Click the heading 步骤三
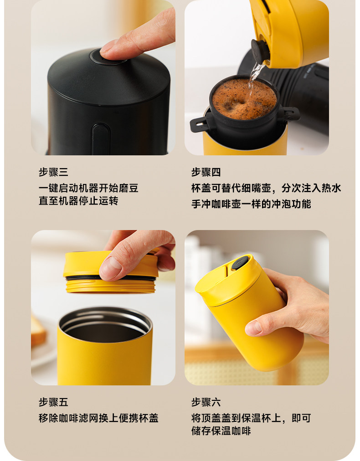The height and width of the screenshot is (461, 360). (x=53, y=172)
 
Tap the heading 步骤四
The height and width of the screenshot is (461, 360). (x=206, y=172)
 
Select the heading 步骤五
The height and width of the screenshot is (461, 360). (x=53, y=402)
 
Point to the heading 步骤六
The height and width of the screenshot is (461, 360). (x=206, y=402)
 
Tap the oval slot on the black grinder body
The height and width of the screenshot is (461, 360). (x=101, y=139)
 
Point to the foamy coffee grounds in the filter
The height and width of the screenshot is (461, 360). (x=244, y=99)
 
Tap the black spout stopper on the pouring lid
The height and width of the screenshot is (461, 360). (x=260, y=51)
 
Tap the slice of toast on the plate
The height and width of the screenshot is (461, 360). (x=38, y=330)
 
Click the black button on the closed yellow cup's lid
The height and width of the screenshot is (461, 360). (x=240, y=262)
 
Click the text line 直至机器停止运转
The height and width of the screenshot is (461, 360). (x=78, y=201)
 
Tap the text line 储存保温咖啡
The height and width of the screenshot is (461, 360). (x=221, y=431)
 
